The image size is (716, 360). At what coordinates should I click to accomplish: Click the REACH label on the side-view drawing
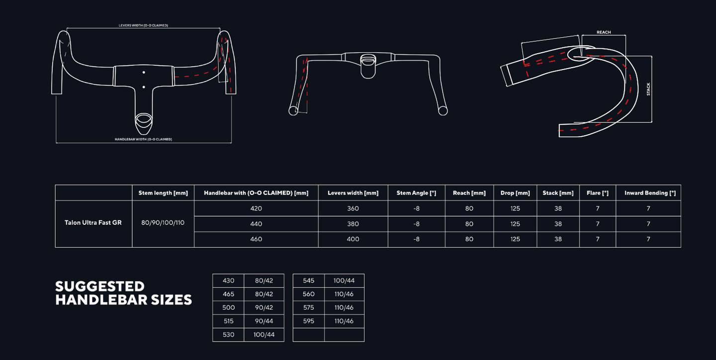click(604, 32)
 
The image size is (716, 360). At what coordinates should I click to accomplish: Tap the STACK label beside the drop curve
click(648, 89)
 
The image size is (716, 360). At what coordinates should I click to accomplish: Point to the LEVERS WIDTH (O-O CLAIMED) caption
click(143, 25)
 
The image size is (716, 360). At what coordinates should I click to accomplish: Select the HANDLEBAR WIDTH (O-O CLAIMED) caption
click(143, 139)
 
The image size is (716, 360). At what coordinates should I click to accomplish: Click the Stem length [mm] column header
click(163, 193)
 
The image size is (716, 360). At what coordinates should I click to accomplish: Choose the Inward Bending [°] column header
click(650, 193)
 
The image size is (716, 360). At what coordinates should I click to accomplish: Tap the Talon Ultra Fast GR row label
click(93, 223)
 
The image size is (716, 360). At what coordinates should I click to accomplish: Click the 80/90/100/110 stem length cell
click(163, 223)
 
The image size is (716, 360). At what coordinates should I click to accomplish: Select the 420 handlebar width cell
click(256, 208)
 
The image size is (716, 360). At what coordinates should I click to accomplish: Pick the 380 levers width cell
click(353, 224)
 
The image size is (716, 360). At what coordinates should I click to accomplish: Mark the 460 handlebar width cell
click(256, 239)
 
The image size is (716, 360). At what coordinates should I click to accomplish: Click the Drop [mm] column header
click(515, 193)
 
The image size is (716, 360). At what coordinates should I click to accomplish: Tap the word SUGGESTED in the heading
click(100, 286)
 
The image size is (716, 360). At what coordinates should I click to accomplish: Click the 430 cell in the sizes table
click(228, 281)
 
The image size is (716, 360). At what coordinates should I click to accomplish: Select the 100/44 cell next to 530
click(264, 335)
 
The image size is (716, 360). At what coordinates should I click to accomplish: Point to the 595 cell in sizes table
click(308, 321)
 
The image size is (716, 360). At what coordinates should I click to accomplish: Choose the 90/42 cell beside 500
click(264, 308)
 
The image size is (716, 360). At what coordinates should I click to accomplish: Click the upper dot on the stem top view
click(144, 73)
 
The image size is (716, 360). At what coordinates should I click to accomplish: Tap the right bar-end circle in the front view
click(443, 111)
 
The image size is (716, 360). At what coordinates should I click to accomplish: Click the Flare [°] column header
click(598, 193)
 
